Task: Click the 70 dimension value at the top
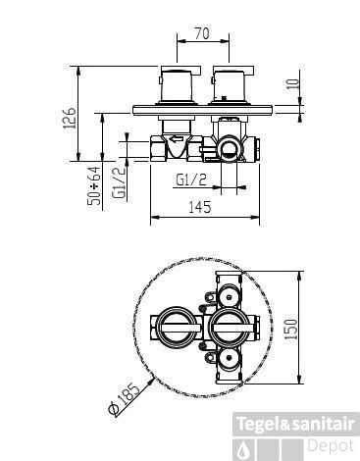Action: [202, 33]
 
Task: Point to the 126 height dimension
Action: [70, 118]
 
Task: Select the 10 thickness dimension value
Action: [294, 83]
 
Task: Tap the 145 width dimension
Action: [200, 207]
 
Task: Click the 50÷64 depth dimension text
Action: [94, 185]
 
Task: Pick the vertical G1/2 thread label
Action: [119, 182]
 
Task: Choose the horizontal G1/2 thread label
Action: [191, 179]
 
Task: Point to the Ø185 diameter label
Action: [125, 399]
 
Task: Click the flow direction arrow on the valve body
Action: [177, 139]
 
